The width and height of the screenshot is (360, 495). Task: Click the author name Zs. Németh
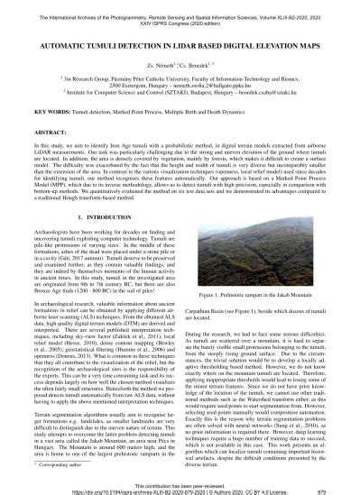pos(151,64)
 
